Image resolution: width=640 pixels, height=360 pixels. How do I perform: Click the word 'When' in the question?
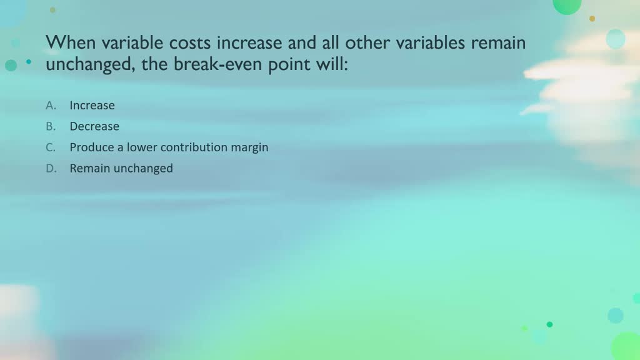66,42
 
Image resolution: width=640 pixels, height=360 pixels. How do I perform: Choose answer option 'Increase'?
92,106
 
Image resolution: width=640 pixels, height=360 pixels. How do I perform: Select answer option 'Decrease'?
94,126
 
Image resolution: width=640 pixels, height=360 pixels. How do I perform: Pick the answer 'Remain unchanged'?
121,168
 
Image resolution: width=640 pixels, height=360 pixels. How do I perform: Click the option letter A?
51,106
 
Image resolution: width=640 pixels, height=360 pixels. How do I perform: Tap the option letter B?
51,126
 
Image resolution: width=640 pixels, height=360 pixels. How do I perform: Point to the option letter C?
51,147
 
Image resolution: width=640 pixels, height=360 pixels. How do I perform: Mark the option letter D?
51,168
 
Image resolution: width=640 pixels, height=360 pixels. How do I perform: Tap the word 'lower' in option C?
142,147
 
